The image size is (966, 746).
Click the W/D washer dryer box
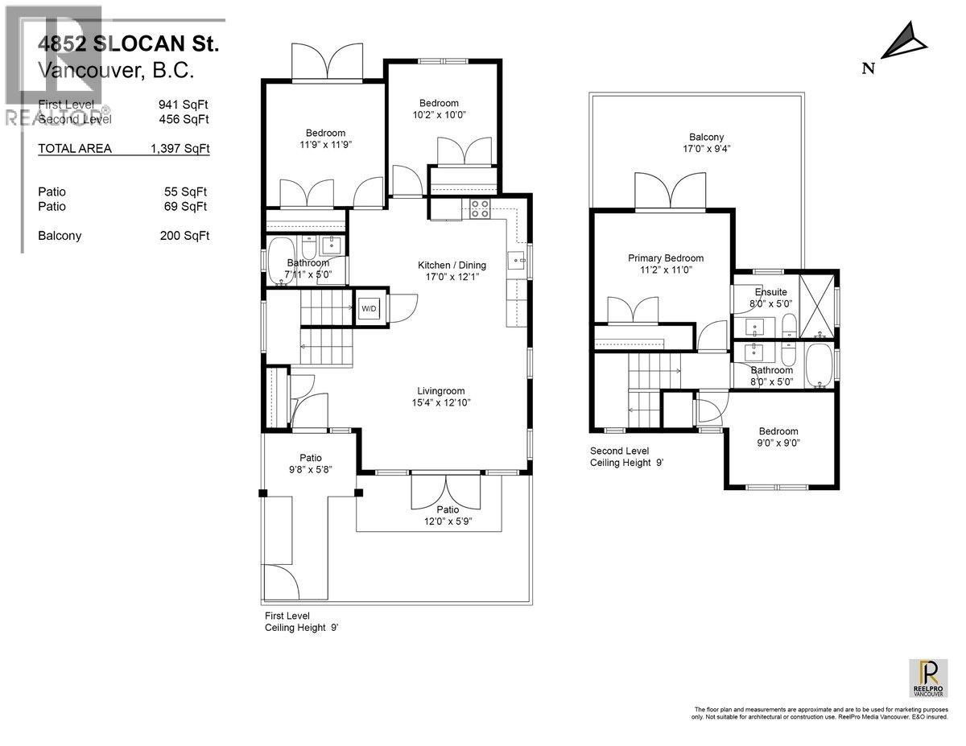point(369,307)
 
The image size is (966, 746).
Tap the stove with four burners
point(480,208)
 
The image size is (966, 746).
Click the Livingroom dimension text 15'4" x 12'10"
point(439,402)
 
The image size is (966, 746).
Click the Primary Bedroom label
point(666,258)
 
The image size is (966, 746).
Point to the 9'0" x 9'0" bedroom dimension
point(778,443)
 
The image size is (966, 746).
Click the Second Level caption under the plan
point(619,451)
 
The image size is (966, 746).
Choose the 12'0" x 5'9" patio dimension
point(448,521)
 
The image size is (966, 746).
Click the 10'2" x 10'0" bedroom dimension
point(439,114)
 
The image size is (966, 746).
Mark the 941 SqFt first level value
point(184,105)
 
